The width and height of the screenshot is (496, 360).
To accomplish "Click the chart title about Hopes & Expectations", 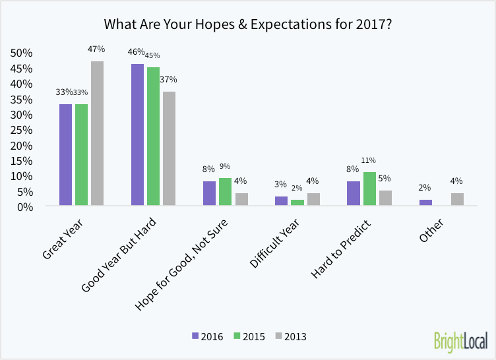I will tap(248, 24).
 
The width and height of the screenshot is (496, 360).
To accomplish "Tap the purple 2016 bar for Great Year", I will tap(65, 155).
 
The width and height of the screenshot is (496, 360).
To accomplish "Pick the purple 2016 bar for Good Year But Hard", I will tap(137, 135).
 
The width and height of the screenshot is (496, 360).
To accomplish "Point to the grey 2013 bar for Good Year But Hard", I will tap(169, 149).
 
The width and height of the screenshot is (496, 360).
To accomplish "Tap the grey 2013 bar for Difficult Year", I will tap(313, 200).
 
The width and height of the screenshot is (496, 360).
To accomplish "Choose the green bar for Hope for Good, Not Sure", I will tap(225, 192).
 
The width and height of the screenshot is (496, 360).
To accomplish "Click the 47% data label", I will tap(96, 49).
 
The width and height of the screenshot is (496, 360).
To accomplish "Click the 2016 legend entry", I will tap(207, 336).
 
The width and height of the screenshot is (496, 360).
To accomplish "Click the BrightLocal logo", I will tap(460, 341).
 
